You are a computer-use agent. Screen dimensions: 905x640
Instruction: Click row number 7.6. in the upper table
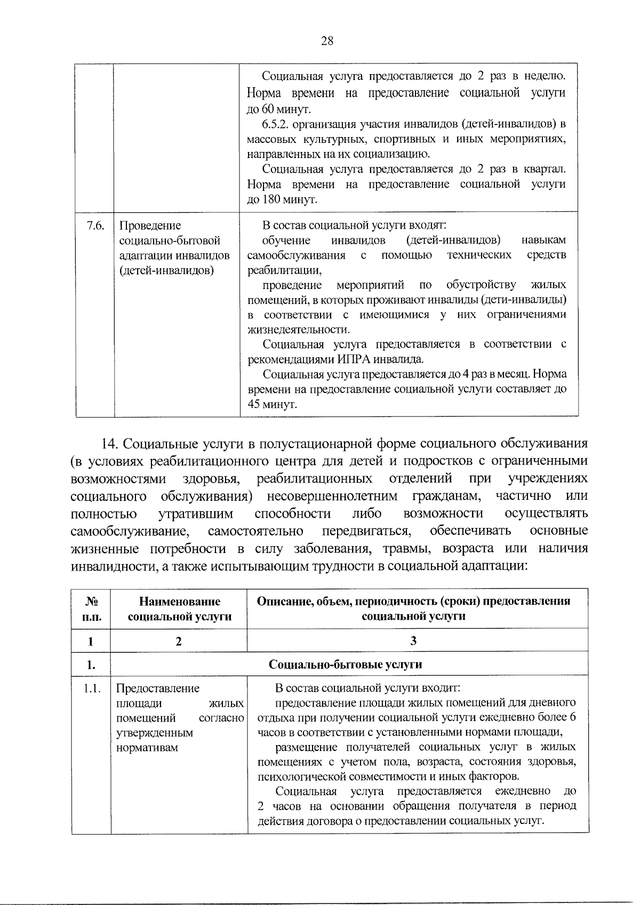[95, 226]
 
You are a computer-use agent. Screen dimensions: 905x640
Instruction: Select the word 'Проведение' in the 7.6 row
[150, 226]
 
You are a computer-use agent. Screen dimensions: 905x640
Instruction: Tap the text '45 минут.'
[273, 404]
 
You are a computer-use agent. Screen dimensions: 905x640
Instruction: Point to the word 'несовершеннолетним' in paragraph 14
[332, 496]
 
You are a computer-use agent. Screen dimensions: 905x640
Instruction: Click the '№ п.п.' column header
[91, 608]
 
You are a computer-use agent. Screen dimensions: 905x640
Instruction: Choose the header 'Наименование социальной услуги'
[179, 608]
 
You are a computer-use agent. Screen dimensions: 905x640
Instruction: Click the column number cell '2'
[179, 641]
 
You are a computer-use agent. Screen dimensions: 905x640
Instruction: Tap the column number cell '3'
[413, 641]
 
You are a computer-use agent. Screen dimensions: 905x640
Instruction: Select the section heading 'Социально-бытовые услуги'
[346, 664]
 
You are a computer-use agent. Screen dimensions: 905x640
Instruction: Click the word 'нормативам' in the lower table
[147, 747]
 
